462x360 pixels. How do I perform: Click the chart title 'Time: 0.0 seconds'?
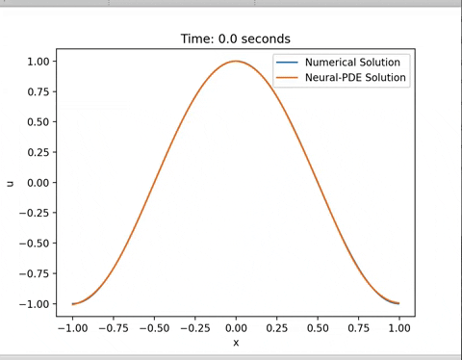click(235, 39)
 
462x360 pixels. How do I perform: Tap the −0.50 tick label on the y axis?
click(36, 244)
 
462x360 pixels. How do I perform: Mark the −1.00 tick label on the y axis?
click(36, 304)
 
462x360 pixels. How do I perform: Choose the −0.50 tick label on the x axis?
click(153, 327)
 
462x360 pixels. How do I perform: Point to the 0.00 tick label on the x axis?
click(236, 327)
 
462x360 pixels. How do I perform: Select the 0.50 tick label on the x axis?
click(318, 327)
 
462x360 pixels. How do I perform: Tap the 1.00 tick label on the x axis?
click(399, 327)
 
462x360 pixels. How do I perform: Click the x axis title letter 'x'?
click(236, 342)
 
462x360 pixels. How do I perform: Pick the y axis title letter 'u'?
click(11, 183)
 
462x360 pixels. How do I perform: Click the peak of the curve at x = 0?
click(236, 62)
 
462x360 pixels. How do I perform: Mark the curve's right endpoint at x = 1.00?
click(399, 304)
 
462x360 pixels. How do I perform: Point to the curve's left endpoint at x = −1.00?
click(72, 304)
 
